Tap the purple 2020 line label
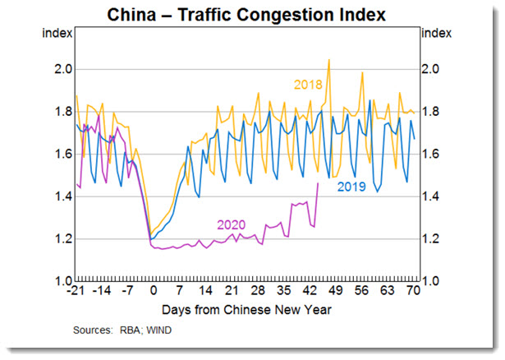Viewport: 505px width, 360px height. [232, 224]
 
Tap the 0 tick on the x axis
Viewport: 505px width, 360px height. [153, 292]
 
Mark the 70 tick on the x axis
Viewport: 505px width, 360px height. [413, 292]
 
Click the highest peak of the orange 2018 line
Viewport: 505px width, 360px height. [328, 59]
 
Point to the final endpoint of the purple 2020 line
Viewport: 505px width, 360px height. [318, 183]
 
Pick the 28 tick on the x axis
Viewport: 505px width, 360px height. [257, 292]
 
